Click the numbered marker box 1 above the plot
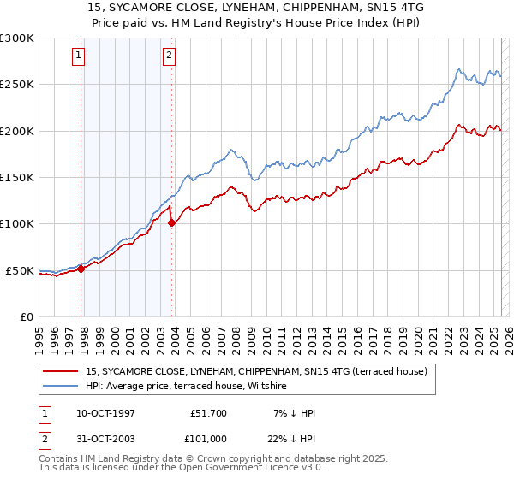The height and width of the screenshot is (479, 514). click(x=78, y=56)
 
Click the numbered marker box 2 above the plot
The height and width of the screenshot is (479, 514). click(x=169, y=56)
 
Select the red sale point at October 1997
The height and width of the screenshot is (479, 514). click(x=81, y=269)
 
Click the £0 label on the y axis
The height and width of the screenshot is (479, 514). click(x=26, y=316)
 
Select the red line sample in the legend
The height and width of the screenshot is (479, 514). click(x=61, y=371)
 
